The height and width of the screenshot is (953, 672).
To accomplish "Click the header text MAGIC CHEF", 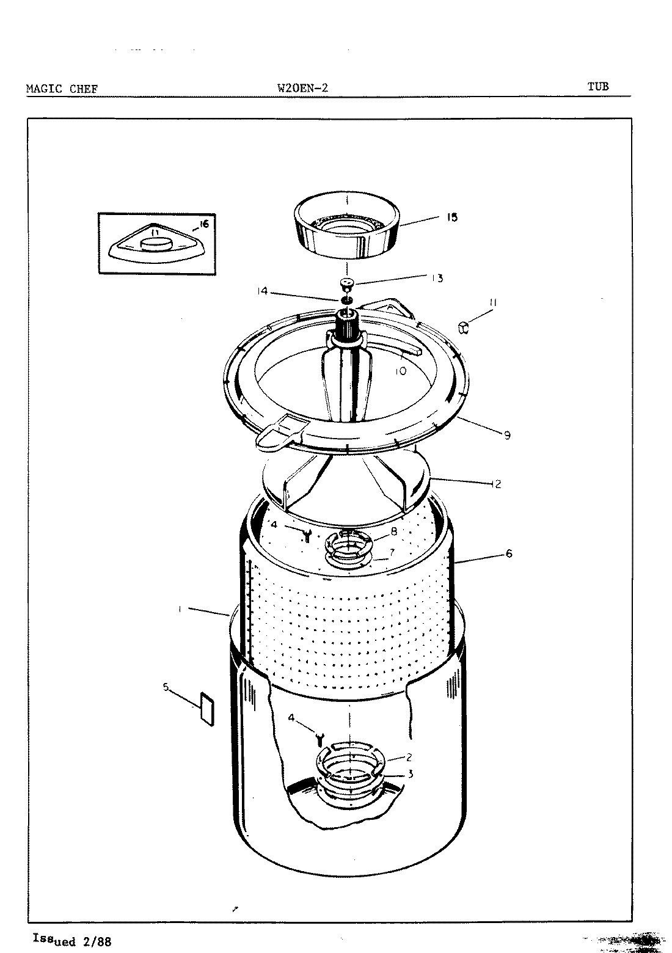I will pos(62,89).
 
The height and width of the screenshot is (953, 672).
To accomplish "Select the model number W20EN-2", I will pos(302,87).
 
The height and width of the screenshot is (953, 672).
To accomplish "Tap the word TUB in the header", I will pos(598,86).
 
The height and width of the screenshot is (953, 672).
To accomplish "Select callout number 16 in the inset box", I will pos(203,224).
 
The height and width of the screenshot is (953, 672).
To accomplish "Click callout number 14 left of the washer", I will pos(263,292).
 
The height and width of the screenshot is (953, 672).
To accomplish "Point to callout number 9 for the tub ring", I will pos(507,436).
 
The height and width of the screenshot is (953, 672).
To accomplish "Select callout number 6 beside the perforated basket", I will pos(508,554).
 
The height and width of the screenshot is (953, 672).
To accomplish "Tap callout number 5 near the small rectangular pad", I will pos(166,686).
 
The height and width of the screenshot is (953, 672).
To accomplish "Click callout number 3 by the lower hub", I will pos(411,773).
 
